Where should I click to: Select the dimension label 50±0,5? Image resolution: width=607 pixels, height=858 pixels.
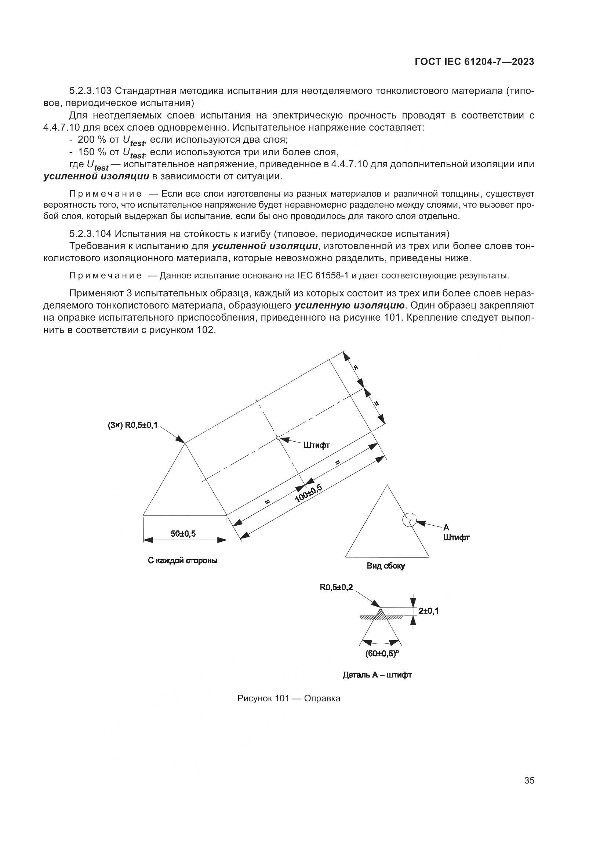[183, 534]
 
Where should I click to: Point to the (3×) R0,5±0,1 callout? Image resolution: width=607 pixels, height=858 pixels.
[133, 425]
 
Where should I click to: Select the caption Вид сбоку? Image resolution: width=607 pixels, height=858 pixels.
[386, 566]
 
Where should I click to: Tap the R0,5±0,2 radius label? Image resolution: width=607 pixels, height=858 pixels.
[336, 587]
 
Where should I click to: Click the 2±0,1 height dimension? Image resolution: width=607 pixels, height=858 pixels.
[428, 611]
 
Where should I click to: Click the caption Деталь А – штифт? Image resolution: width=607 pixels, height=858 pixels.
[377, 675]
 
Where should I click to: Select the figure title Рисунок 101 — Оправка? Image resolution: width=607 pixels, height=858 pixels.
[288, 698]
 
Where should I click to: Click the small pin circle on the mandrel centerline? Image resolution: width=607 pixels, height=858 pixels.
[278, 438]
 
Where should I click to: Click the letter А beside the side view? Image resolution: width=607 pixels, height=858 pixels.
[446, 527]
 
